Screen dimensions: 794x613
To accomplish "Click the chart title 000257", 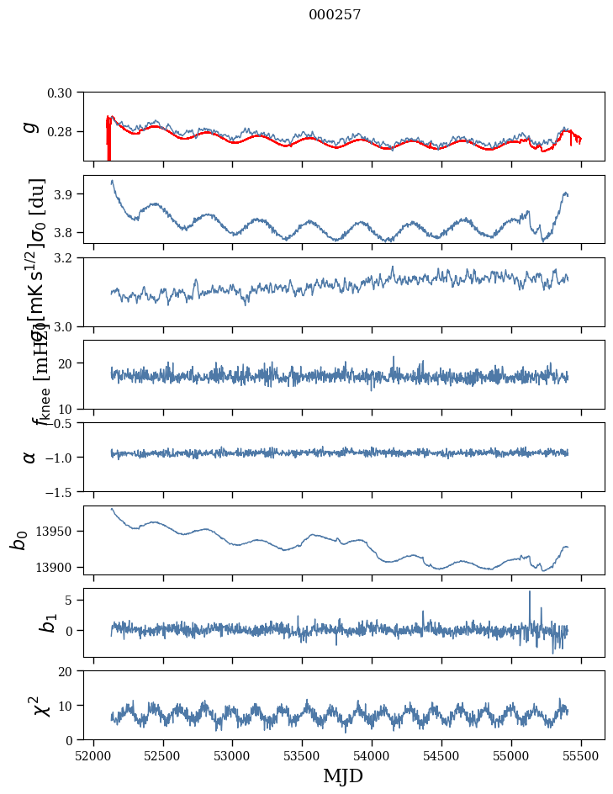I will tap(335, 15).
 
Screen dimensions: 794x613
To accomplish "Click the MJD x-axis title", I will tap(342, 775).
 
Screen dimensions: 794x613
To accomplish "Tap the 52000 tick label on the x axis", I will tap(93, 754).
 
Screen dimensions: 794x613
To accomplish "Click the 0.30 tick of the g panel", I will tap(61, 92).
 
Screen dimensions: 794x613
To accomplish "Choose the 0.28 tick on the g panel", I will tap(61, 132).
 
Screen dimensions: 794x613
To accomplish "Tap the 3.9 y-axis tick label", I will tap(66, 194).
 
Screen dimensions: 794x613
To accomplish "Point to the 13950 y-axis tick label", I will tap(55, 532).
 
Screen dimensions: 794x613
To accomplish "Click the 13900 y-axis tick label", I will tap(55, 567).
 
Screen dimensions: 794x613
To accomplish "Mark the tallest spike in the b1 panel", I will tap(530, 592).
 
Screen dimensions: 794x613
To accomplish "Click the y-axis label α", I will tap(29, 457).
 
